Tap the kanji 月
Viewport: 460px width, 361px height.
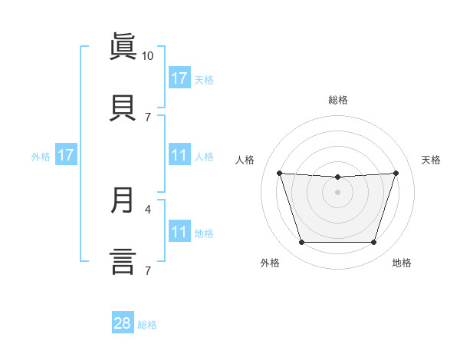123,200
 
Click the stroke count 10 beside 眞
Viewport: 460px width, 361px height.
148,55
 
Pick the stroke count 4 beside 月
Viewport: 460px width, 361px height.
148,208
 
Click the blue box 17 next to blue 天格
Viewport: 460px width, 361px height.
179,78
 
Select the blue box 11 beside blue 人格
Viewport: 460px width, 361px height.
179,155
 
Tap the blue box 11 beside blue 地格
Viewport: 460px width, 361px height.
179,232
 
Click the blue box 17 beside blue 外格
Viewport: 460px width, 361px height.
66,155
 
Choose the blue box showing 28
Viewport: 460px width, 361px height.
123,323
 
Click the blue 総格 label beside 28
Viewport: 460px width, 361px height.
148,325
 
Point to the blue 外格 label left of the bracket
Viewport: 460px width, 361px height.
41,157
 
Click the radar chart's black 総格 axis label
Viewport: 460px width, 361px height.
338,100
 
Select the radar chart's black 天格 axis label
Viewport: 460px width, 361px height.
431,160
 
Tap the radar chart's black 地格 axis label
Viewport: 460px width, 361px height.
402,263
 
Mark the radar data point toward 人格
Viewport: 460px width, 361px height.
279,173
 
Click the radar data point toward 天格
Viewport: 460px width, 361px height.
396,173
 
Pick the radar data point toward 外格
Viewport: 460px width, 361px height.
301,243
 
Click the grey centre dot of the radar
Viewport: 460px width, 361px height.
337,192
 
